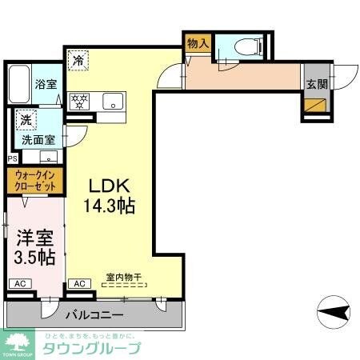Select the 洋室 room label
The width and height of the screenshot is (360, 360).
point(32,238)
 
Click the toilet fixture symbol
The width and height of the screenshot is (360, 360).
point(246,46)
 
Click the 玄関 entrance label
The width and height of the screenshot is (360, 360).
point(314,82)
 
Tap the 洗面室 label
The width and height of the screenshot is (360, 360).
point(38,138)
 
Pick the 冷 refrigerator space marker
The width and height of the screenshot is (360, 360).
point(79,60)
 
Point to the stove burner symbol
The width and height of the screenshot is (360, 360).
point(80,102)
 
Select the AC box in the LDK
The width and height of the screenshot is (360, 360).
point(79,283)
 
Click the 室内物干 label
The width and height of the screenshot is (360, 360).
point(123,278)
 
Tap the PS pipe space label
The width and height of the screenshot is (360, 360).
point(10,158)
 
